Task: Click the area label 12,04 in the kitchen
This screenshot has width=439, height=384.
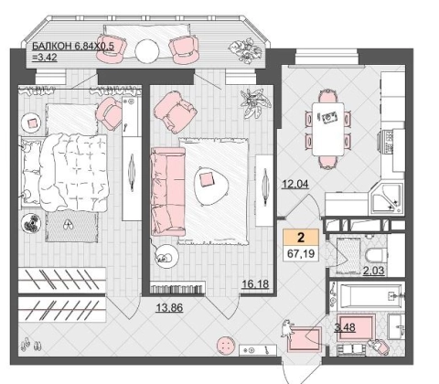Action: coord(295,184)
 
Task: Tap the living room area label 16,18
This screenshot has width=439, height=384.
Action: coord(255,284)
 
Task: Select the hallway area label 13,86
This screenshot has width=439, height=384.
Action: coord(169,308)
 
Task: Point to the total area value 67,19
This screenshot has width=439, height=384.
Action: coord(301,253)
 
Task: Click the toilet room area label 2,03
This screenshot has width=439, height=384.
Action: coord(373,271)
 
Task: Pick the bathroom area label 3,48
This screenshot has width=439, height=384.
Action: coord(345,327)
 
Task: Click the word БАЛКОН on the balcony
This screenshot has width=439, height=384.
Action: coord(52,47)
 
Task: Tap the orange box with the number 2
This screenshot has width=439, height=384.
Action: coord(301,237)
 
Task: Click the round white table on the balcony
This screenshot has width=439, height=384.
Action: coord(147,51)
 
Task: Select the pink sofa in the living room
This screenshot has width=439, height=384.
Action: coord(168,191)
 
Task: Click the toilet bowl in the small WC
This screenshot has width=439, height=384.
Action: coord(376,255)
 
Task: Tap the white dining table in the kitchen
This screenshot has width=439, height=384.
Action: coord(328,129)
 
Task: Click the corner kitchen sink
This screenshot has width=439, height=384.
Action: coord(386,198)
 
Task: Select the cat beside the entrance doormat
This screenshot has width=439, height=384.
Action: coord(286,328)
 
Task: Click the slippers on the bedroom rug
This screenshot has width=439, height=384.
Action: coord(68,225)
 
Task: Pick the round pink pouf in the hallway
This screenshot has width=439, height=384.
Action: coord(226,346)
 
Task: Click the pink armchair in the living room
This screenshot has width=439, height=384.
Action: coord(175,112)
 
